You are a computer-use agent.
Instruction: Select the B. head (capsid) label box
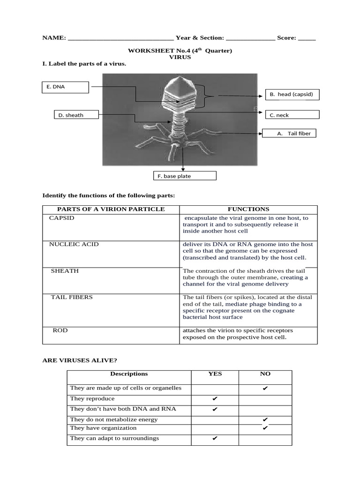pyautogui.click(x=292, y=94)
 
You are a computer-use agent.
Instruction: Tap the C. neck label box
pyautogui.click(x=292, y=115)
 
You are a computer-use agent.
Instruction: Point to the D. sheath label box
pyautogui.click(x=75, y=115)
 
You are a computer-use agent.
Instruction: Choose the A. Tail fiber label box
pyautogui.click(x=289, y=133)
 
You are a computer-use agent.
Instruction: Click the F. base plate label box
pyautogui.click(x=185, y=176)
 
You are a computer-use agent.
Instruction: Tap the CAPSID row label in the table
pyautogui.click(x=62, y=218)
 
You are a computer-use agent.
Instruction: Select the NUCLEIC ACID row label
pyautogui.click(x=74, y=244)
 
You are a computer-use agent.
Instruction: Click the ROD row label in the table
pyautogui.click(x=60, y=330)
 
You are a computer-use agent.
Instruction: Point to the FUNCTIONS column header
pyautogui.click(x=248, y=209)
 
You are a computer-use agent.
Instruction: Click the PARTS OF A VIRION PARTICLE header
pyautogui.click(x=111, y=209)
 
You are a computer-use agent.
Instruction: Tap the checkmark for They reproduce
pyautogui.click(x=215, y=399)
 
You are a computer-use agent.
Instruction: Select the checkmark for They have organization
pyautogui.click(x=265, y=428)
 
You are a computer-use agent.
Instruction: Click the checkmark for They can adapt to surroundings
pyautogui.click(x=215, y=439)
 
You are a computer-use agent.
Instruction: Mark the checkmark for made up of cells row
pyautogui.click(x=265, y=389)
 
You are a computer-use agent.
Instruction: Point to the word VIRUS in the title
pyautogui.click(x=180, y=57)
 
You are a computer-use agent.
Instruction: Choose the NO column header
pyautogui.click(x=265, y=374)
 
